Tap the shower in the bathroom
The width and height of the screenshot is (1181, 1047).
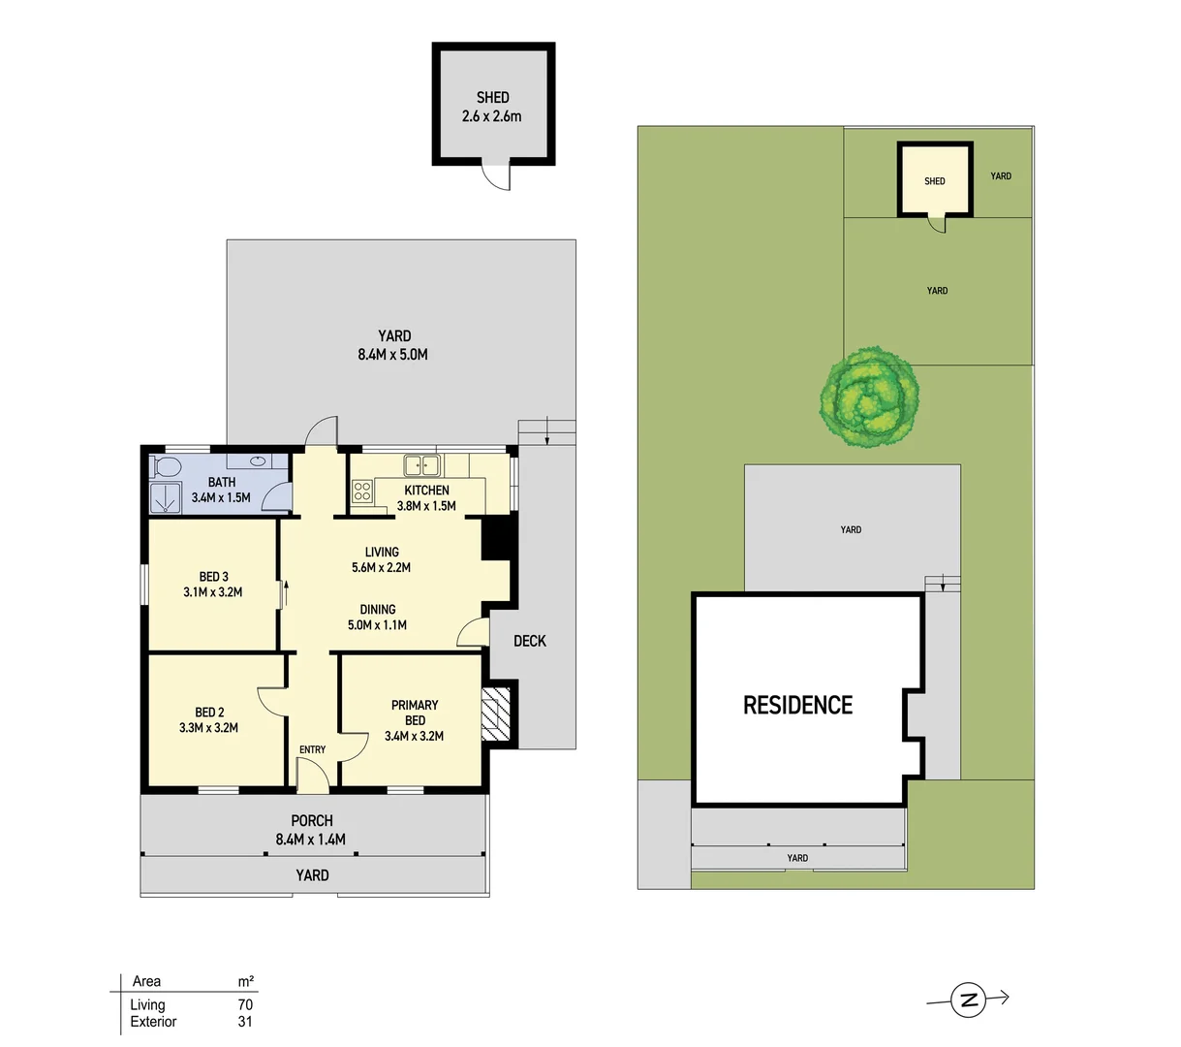[166, 497]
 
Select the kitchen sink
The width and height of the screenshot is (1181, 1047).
[422, 464]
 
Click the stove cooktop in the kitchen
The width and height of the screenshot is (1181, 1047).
[362, 491]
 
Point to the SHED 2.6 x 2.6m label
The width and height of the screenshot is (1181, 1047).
[492, 107]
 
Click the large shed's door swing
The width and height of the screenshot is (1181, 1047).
[496, 177]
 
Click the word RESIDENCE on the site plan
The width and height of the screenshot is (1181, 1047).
[797, 705]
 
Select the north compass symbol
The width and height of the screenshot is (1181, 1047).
[968, 999]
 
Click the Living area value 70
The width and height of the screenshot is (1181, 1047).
[245, 1005]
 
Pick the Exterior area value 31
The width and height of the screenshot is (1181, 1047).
[245, 1022]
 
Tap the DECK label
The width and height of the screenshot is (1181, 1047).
[530, 641]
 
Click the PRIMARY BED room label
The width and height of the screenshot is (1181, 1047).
[415, 713]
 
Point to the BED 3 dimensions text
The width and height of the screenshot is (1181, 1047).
[213, 592]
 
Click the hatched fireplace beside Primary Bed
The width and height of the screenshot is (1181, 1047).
[495, 714]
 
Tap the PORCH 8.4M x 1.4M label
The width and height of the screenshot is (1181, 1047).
[311, 830]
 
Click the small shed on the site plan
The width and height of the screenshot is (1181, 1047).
[934, 180]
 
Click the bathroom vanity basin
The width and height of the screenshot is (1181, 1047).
[261, 462]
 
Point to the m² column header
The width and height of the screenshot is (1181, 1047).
[246, 981]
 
